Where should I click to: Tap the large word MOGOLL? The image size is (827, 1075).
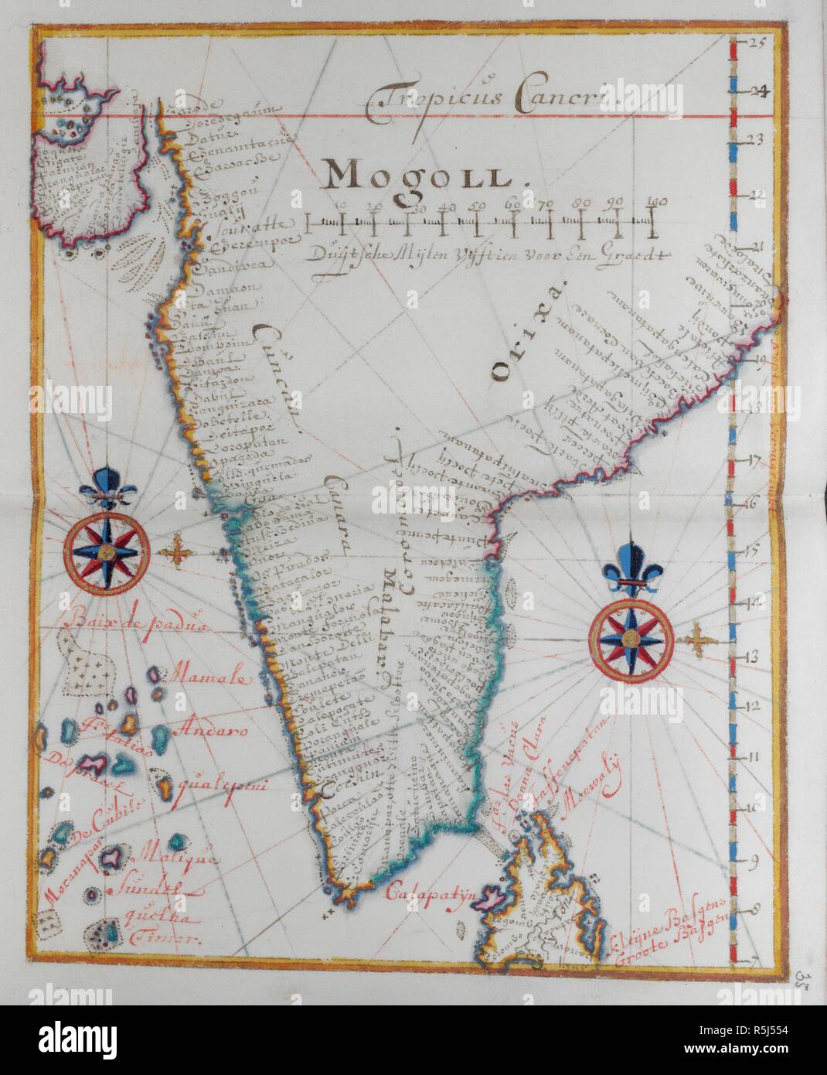pos(417,176)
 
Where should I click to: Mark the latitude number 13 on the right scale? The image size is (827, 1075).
pos(753,657)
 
